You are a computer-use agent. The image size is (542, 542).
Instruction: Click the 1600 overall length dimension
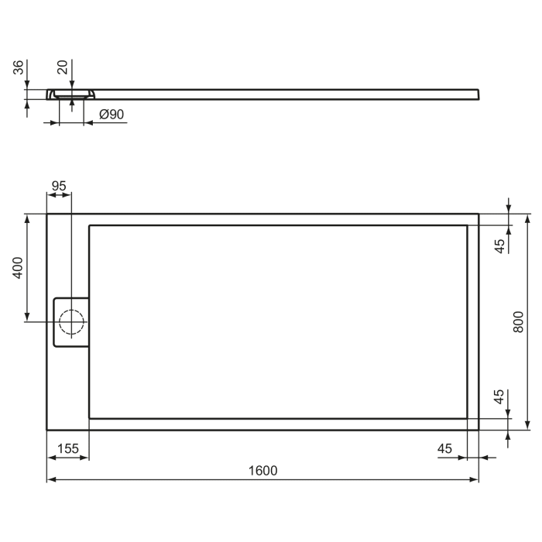[x=263, y=470]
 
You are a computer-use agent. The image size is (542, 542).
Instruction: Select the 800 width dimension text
[x=519, y=321]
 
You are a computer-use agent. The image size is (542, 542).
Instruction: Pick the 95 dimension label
[x=59, y=186]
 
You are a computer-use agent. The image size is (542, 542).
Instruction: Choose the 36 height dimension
[x=18, y=70]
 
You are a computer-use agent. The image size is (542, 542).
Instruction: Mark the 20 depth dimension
[x=62, y=69]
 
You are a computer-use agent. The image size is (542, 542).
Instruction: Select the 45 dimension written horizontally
[x=445, y=448]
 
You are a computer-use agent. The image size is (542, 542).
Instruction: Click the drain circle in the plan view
[x=71, y=321]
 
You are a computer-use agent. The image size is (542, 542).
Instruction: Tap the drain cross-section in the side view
[x=71, y=95]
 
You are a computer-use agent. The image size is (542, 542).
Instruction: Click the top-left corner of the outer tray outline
[x=47, y=214]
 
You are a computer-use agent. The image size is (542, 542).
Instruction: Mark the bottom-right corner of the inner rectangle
[x=468, y=418]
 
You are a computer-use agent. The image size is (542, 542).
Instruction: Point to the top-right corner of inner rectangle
[x=468, y=225]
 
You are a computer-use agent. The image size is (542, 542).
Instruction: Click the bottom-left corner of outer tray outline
[x=47, y=430]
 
